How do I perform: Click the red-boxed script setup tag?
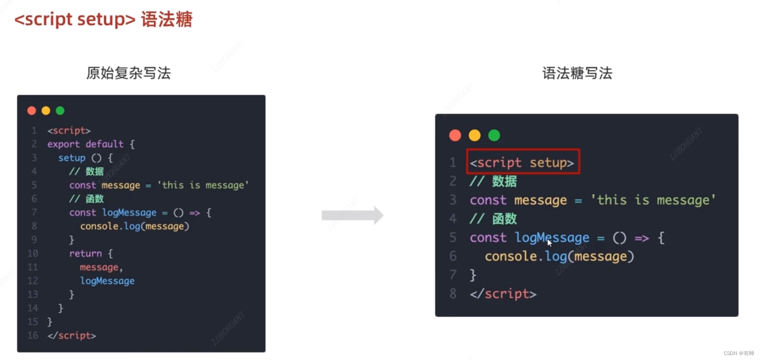tap(522, 162)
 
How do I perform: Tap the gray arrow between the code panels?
tap(352, 216)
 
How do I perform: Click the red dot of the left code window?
tap(32, 111)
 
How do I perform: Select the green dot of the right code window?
tap(494, 135)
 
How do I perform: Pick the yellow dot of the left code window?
tap(46, 111)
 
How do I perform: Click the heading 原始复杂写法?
tap(128, 73)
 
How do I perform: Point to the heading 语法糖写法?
tap(577, 73)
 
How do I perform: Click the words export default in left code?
tap(85, 144)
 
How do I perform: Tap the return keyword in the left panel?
tap(86, 253)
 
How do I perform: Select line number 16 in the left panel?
tap(33, 335)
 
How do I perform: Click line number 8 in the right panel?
tap(453, 294)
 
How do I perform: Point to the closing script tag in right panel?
tap(503, 294)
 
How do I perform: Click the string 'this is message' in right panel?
tap(653, 200)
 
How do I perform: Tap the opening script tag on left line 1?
tap(69, 130)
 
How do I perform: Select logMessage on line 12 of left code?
tap(107, 281)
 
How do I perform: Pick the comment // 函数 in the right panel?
tap(493, 219)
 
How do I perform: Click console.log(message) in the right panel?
tap(559, 256)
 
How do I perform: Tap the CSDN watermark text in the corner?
tap(738, 353)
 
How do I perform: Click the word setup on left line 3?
tap(72, 158)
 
